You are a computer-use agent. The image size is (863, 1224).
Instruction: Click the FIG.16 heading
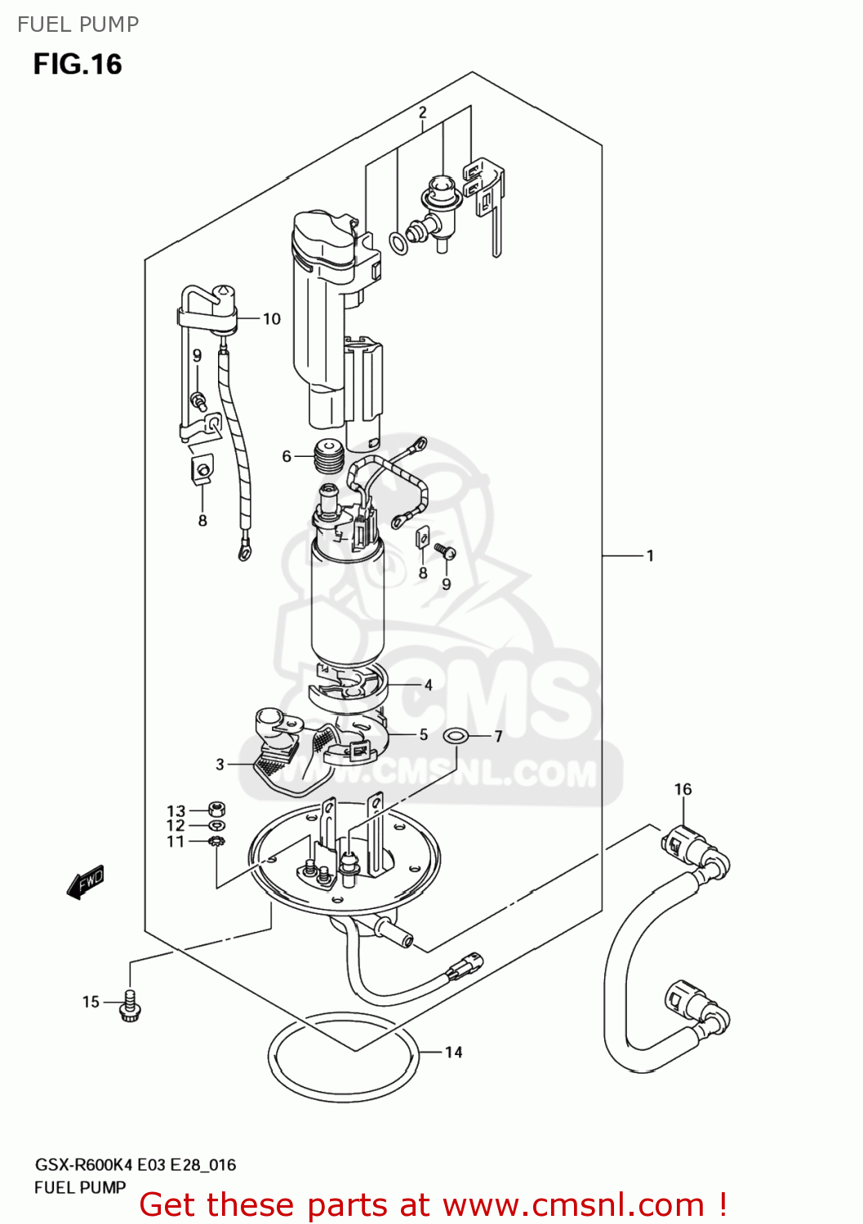(78, 64)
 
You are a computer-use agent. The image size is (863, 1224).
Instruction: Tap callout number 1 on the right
(650, 557)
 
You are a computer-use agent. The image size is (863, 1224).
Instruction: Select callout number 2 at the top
(422, 113)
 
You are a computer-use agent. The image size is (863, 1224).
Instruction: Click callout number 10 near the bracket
(271, 319)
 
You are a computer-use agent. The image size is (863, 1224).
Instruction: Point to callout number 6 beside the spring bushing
(287, 456)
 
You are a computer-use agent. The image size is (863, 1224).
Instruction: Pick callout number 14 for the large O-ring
(453, 1053)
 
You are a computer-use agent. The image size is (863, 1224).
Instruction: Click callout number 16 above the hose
(683, 789)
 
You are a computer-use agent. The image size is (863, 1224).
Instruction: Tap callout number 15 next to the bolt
(91, 1002)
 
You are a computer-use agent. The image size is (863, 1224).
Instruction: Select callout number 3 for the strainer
(220, 765)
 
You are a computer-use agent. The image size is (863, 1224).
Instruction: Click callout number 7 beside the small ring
(498, 737)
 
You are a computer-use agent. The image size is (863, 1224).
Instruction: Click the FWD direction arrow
(86, 882)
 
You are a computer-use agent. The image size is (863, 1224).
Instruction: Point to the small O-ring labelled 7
(456, 737)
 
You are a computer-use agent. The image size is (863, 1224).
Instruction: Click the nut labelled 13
(216, 809)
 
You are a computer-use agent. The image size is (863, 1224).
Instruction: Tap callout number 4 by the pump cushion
(428, 685)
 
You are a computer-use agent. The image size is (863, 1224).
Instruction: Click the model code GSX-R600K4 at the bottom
(83, 1165)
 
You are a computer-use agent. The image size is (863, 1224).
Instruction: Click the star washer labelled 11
(216, 841)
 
